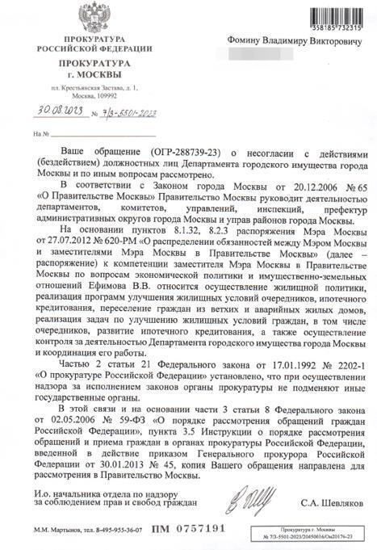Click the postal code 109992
pyautogui.click(x=106, y=94)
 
